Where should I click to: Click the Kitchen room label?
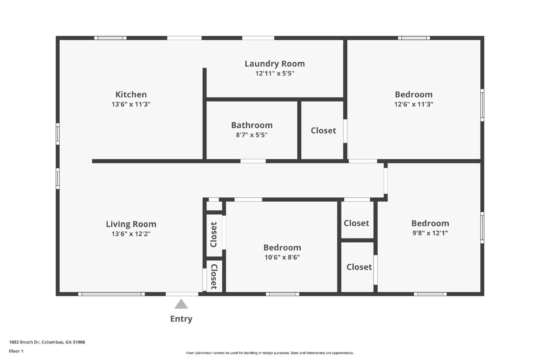point(131,94)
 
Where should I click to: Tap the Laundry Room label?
point(275,63)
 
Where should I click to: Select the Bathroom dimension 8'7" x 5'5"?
point(252,135)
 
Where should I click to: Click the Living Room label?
point(131,224)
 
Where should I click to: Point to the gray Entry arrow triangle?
point(181,304)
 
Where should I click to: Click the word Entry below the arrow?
point(181,319)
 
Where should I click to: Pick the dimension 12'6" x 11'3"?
point(413,104)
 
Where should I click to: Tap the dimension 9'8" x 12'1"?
point(430,233)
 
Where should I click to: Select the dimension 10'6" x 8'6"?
point(282,257)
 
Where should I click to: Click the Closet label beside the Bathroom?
point(323,131)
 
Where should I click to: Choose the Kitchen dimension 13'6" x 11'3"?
point(131,104)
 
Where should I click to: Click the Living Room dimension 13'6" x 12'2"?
point(131,234)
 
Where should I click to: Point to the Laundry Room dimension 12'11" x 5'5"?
point(275,74)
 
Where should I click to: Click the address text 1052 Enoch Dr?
point(47,342)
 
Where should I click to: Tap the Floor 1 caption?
point(16,351)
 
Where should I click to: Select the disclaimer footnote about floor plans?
point(270,353)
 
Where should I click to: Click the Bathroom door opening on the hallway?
point(253,161)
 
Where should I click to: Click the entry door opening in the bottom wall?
point(182,294)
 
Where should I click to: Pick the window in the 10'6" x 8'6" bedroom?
point(282,294)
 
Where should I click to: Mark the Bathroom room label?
point(252,125)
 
